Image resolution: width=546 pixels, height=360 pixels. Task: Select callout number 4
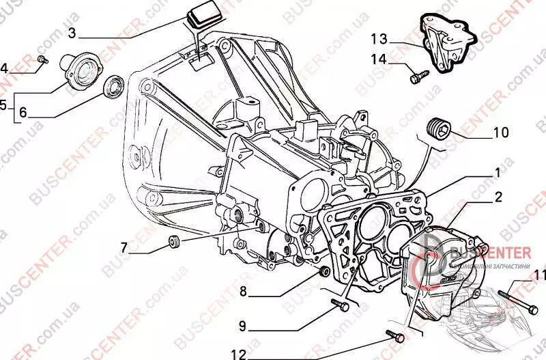pos(5,68)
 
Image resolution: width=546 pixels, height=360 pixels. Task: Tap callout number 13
pos(379,38)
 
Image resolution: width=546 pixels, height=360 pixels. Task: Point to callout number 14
pos(379,59)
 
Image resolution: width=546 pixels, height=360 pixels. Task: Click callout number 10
pos(500,133)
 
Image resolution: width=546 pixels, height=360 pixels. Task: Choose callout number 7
pos(124,248)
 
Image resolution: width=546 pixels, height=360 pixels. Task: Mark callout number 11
pos(540,276)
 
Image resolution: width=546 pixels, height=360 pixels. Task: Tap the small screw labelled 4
pos(42,60)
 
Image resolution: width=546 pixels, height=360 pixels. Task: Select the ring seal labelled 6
pos(112,87)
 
